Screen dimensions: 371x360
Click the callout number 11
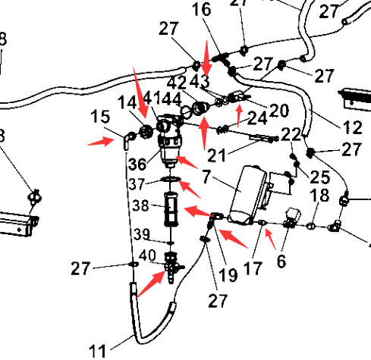[x=98, y=351]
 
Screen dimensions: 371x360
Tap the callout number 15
[x=100, y=117]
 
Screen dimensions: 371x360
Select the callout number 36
[x=137, y=164]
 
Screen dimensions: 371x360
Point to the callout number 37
[x=137, y=183]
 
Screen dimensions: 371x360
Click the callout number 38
[x=141, y=205]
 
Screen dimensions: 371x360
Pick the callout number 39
[x=142, y=234]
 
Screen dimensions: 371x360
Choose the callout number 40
[x=147, y=255]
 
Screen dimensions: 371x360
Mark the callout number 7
[x=206, y=177]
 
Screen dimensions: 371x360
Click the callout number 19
[x=228, y=275]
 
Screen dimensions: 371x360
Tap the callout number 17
[x=253, y=268]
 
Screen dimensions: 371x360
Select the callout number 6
[x=281, y=261]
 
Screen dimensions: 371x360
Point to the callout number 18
[x=319, y=195]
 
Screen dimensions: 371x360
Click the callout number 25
[x=320, y=177]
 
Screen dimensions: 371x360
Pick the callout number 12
[x=353, y=127]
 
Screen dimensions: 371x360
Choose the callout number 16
[x=201, y=10]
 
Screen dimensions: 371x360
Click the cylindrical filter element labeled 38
[x=171, y=209]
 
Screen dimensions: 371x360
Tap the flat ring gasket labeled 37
[x=171, y=179]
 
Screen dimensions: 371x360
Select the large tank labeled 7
[x=247, y=195]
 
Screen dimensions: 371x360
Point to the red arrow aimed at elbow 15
[x=101, y=142]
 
